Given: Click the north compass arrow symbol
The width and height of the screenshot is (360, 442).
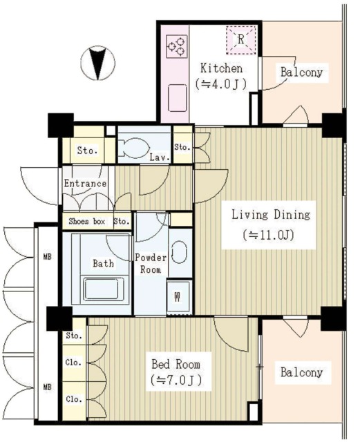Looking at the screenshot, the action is (98, 63).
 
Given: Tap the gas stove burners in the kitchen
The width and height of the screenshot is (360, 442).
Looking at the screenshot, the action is (177, 46).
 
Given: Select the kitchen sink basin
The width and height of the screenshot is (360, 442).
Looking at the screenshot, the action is (178, 98).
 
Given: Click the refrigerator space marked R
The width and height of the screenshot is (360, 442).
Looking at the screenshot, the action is (241, 40).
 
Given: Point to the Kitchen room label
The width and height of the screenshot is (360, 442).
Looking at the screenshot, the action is (222, 68).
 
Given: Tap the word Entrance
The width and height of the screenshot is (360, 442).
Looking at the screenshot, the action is (85, 184).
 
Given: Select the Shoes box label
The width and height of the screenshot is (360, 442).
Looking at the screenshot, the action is (87, 221).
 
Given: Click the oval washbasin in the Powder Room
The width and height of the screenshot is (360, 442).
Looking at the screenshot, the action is (179, 252).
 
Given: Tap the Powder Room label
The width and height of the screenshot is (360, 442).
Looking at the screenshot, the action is (151, 264).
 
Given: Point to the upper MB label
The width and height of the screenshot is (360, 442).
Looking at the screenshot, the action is (48, 257).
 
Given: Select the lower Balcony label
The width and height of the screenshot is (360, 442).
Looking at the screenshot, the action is (301, 372).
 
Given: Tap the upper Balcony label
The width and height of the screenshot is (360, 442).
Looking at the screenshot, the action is (301, 72).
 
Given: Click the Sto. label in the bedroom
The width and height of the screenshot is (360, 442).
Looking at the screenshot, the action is (74, 336).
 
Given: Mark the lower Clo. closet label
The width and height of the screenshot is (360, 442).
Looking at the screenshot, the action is (74, 399).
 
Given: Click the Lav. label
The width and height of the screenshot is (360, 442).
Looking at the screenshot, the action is (160, 157).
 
